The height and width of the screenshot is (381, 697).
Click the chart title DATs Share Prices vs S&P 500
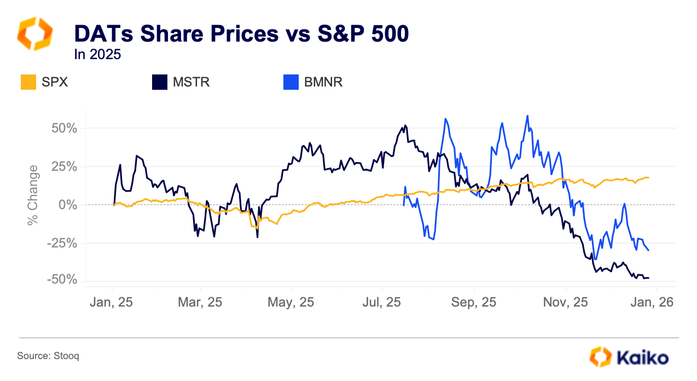[241, 34]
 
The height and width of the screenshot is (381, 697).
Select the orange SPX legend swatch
[28, 82]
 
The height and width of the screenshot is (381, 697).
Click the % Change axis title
[33, 194]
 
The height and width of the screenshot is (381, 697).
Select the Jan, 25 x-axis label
[112, 302]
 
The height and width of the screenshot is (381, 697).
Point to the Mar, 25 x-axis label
[201, 302]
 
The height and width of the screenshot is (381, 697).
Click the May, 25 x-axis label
[292, 302]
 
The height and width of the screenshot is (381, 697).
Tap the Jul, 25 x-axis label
[382, 302]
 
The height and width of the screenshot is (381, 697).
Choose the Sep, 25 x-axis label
[474, 302]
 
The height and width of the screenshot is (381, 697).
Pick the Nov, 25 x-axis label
[566, 302]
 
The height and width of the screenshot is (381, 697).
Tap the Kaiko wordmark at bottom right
[642, 359]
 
